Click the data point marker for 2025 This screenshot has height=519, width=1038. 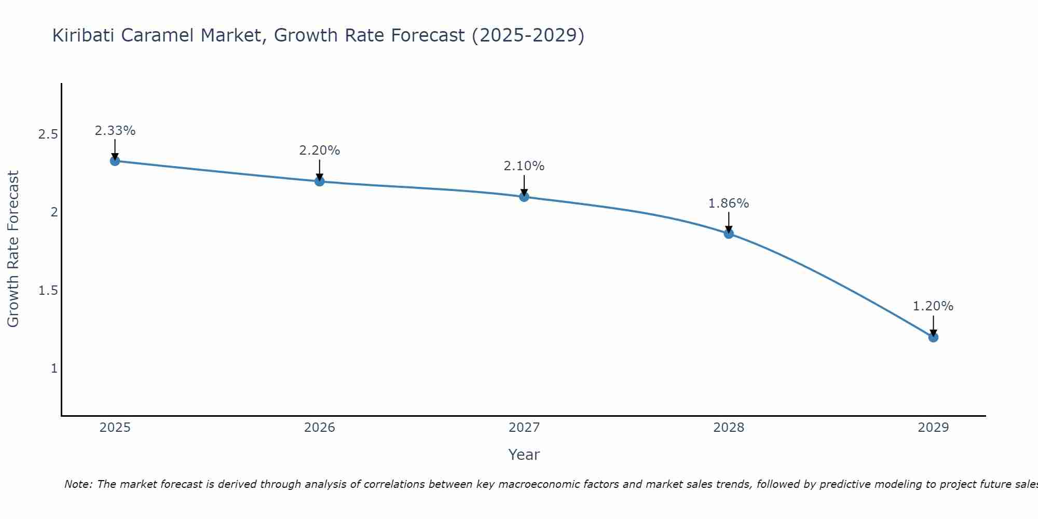(x=115, y=161)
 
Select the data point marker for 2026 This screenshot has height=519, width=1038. (x=320, y=181)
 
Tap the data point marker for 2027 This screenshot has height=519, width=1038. (x=524, y=197)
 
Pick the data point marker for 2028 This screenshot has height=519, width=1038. (x=729, y=234)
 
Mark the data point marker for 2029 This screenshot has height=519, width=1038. (x=933, y=337)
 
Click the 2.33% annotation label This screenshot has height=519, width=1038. (x=115, y=131)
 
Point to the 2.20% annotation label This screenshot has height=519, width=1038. (x=320, y=151)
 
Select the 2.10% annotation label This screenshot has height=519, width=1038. (x=524, y=166)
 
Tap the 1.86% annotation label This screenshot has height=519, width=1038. (x=729, y=203)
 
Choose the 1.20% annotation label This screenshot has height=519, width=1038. (x=933, y=306)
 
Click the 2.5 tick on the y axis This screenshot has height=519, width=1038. (x=48, y=134)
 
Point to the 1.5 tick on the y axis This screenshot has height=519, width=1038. (x=48, y=290)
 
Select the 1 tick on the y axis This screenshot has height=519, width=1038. (x=54, y=368)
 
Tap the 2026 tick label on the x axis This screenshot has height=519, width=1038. (x=320, y=428)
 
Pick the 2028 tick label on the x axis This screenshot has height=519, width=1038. (x=729, y=428)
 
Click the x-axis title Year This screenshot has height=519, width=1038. (x=524, y=455)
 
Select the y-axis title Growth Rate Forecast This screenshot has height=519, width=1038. (x=13, y=249)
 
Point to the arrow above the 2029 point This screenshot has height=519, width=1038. (x=933, y=325)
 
